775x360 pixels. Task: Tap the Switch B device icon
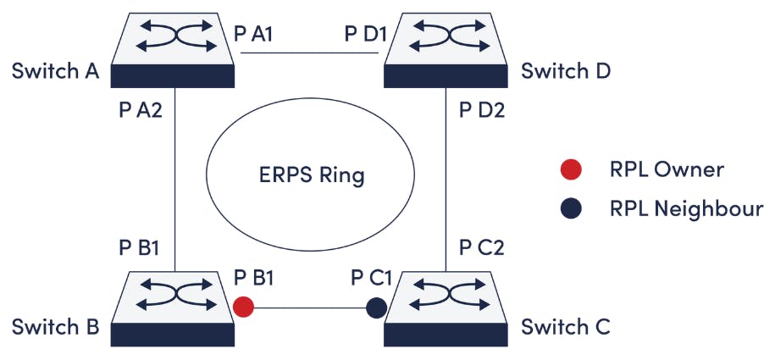(x=174, y=308)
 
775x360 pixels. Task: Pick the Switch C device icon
(x=446, y=308)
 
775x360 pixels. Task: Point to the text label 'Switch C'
(x=565, y=326)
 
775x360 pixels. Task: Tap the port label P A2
(x=141, y=110)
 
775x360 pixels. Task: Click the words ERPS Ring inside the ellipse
(x=312, y=176)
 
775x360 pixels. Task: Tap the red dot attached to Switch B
(x=243, y=307)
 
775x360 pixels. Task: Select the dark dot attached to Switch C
(x=376, y=308)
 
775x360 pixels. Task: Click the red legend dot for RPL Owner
(x=570, y=169)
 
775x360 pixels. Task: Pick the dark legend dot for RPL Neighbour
(x=570, y=208)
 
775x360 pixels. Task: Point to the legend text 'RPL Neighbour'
(x=686, y=208)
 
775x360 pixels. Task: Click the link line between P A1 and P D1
(x=309, y=53)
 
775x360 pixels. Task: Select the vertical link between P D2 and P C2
(x=446, y=178)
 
